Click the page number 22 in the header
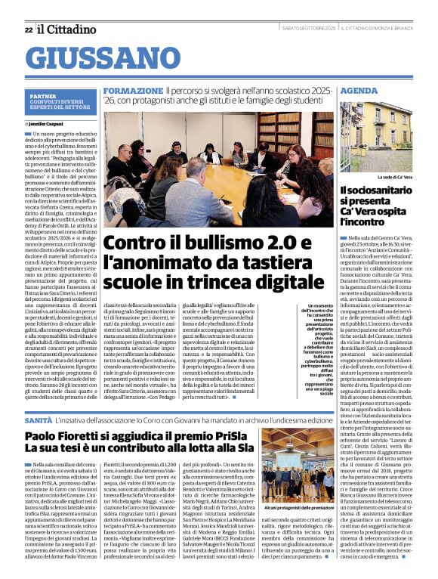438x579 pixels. coord(29,29)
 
